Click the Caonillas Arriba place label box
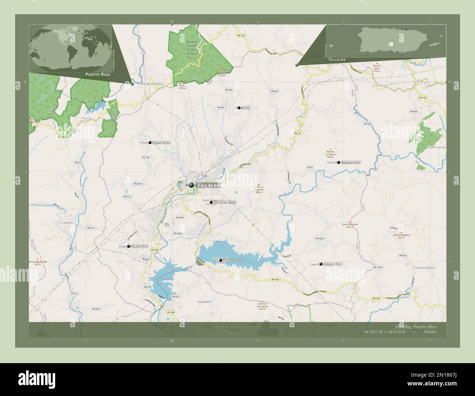click(x=351, y=162)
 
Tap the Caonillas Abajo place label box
click(x=333, y=264)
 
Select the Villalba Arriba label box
click(x=161, y=142)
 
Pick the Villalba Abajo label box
click(x=140, y=247)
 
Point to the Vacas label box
click(x=246, y=108)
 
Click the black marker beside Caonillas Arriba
click(x=339, y=162)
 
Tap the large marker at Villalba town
click(x=191, y=185)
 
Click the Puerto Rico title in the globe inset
click(x=98, y=74)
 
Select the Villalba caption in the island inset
click(x=337, y=59)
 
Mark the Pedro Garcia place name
click(x=436, y=147)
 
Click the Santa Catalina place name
click(x=424, y=268)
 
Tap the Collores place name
click(x=68, y=222)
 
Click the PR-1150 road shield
click(x=378, y=267)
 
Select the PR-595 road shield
click(x=413, y=111)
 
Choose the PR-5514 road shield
click(x=138, y=184)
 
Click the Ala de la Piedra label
click(x=152, y=84)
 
